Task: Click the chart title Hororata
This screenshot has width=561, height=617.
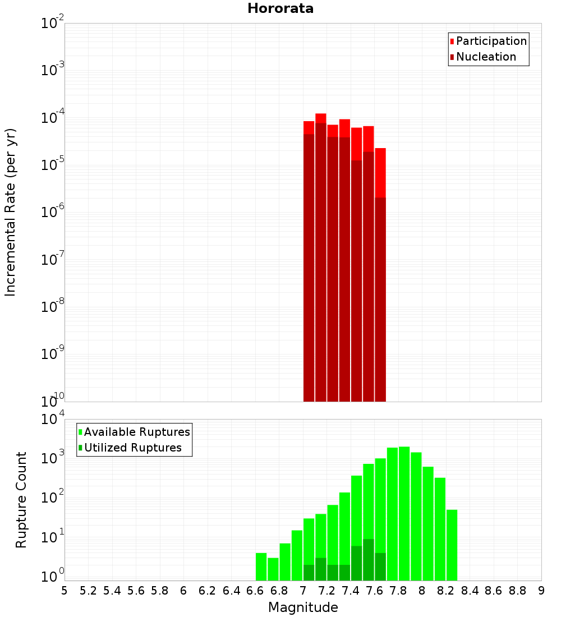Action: point(280,8)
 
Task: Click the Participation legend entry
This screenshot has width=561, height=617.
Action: point(491,41)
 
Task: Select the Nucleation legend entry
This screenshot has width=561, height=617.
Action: point(485,57)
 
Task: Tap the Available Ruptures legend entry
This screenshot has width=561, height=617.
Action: point(136,432)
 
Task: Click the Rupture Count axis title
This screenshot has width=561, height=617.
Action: point(21,500)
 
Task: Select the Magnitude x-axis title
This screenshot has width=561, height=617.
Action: point(303,607)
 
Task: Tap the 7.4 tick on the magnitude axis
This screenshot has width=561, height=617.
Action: point(351,591)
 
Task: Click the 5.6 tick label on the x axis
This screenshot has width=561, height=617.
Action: point(136,591)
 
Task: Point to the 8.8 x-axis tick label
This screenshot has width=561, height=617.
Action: point(518,591)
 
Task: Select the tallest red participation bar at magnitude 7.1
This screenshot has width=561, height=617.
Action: point(321,118)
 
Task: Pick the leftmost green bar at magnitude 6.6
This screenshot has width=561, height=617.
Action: point(261,567)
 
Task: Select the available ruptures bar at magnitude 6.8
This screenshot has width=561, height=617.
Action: point(285,561)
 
